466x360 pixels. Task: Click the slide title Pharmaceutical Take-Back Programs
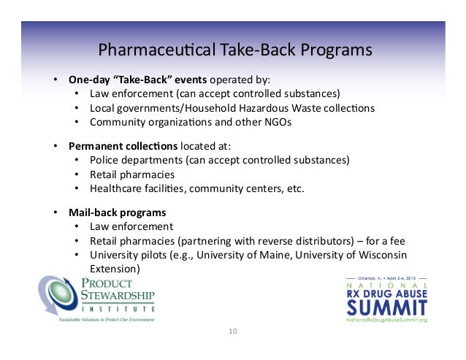(x=235, y=50)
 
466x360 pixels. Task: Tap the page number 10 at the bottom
(x=233, y=332)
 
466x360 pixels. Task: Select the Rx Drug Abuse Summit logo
(x=386, y=299)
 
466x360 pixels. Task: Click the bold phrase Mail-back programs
(x=107, y=212)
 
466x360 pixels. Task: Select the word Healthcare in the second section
(x=116, y=188)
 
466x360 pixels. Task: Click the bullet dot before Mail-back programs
(x=55, y=212)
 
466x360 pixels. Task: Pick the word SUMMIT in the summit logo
(x=386, y=306)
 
